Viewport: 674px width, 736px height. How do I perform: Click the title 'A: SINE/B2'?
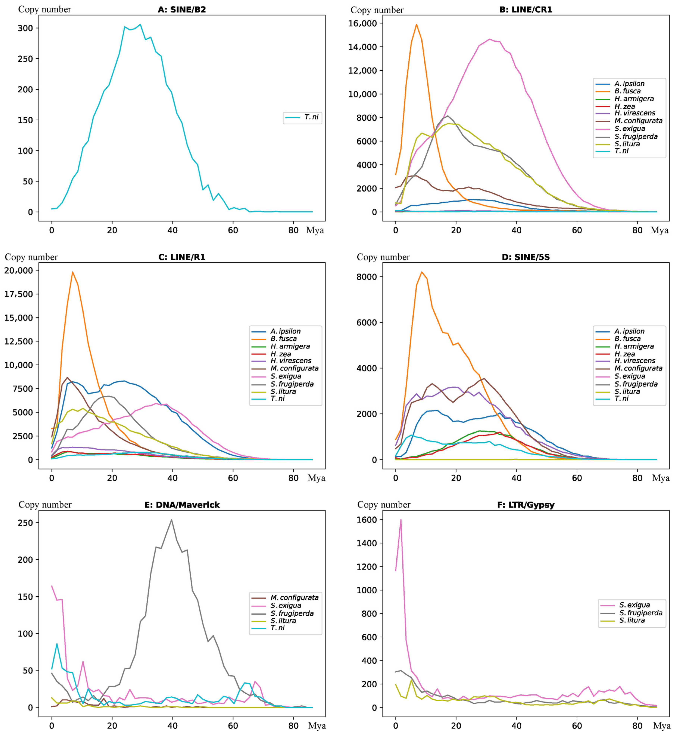coord(182,10)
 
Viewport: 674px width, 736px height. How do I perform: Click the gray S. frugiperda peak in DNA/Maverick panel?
coord(172,520)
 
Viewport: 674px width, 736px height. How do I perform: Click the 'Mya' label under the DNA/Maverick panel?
coord(317,726)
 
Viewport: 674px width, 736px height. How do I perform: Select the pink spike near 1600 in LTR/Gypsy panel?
coord(401,520)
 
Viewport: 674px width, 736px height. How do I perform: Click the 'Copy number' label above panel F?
coord(384,505)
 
